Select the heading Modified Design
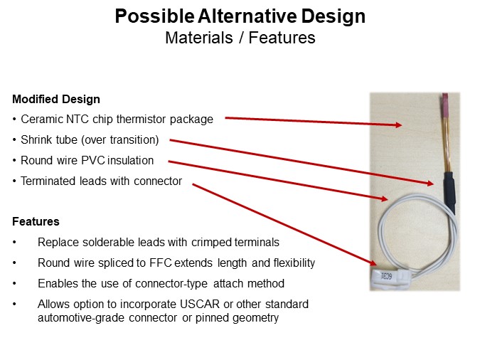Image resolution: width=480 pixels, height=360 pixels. point(56,100)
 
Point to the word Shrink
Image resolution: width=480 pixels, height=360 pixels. point(37,140)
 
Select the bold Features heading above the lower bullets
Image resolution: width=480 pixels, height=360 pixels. point(36,222)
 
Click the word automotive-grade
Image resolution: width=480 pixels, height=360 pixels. point(80,318)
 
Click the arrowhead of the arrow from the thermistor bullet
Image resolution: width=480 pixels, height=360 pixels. point(398,125)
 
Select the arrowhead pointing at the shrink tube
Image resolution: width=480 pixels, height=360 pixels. point(430,183)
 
